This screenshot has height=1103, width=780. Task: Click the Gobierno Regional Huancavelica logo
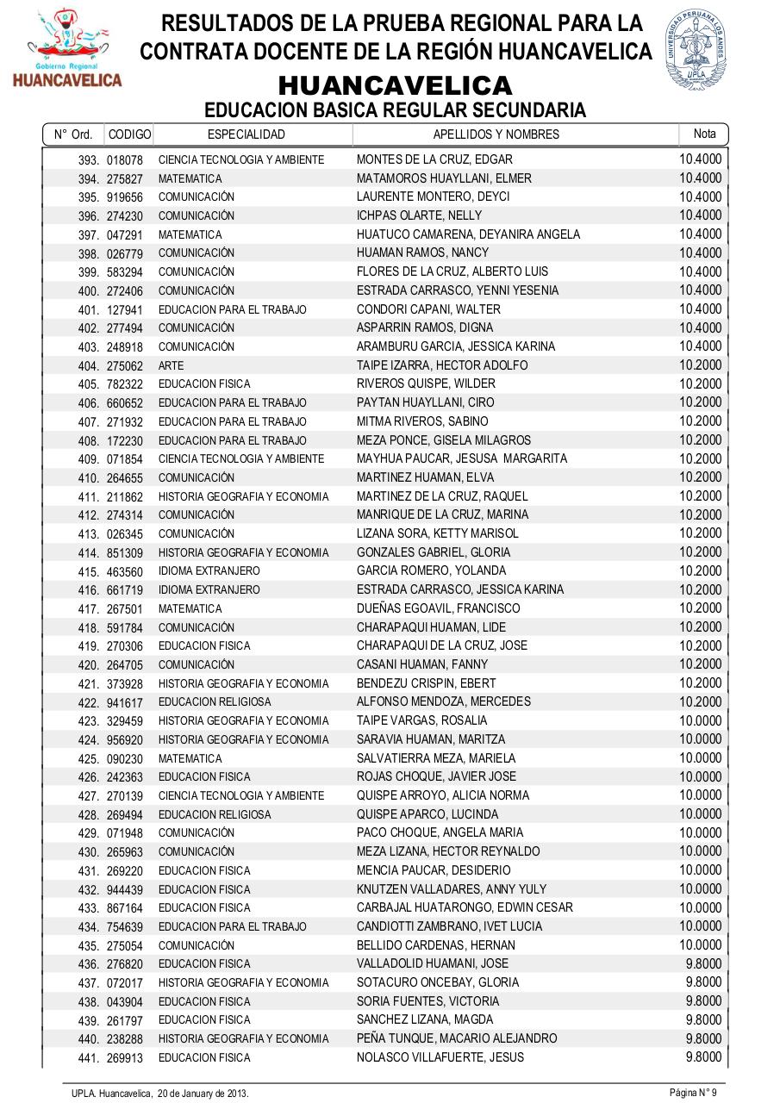point(66,50)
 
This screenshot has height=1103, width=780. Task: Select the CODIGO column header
point(129,134)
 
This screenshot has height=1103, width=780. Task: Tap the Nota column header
point(704,134)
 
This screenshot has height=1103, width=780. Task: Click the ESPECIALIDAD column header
point(246,134)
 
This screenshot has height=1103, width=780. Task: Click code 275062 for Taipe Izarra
point(125,365)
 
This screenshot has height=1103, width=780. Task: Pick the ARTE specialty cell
point(165,365)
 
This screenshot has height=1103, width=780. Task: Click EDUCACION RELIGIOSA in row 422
point(215,702)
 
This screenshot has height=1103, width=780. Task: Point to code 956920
point(125,740)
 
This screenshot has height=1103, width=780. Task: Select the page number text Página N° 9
point(693,1093)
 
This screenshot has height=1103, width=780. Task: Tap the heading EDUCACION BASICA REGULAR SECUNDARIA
point(395,110)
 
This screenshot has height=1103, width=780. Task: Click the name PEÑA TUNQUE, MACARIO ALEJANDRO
point(457,1038)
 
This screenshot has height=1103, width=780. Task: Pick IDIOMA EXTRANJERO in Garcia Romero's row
point(209,571)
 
